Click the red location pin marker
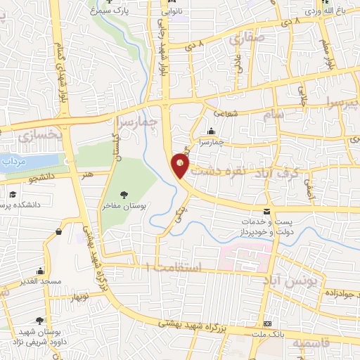coord(181,166)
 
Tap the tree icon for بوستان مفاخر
coord(124,194)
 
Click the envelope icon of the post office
coord(266,211)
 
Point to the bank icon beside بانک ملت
coord(267,324)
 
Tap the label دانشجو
coord(42,178)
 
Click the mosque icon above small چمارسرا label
coord(211,131)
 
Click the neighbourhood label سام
coord(271,114)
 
